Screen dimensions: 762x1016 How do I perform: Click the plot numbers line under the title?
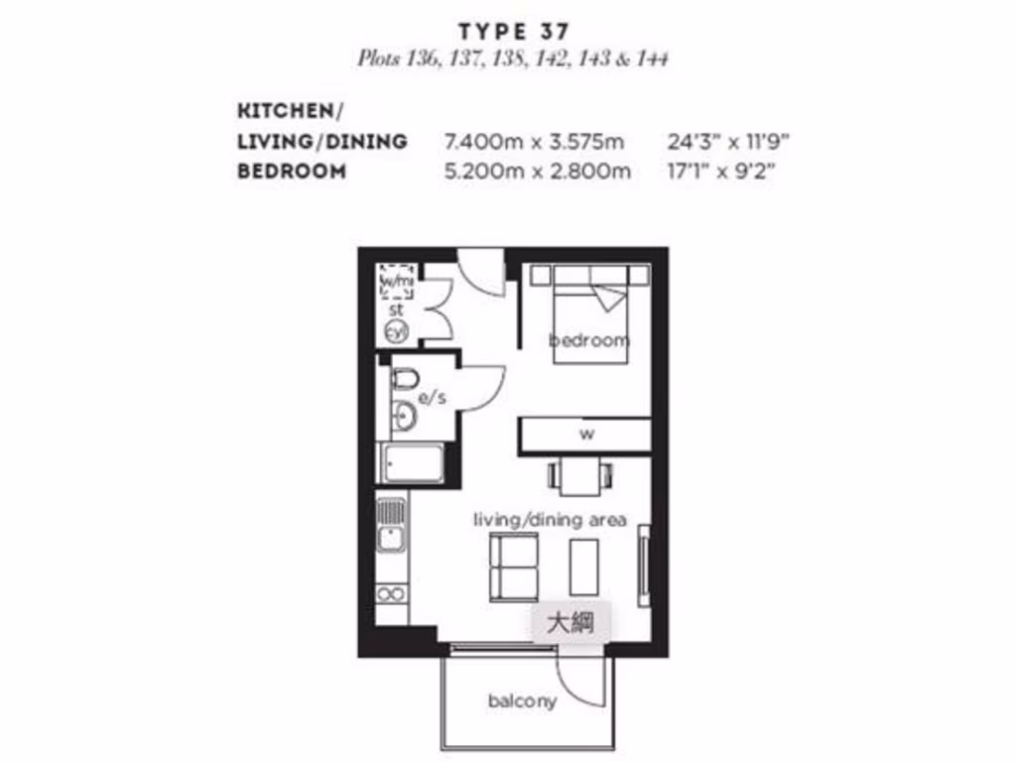click(512, 59)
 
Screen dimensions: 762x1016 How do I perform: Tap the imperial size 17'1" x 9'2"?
click(720, 171)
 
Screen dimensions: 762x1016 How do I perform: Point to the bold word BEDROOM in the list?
click(292, 171)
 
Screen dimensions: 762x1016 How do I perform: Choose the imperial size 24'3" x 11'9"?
click(727, 141)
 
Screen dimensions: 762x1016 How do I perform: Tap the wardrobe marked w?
click(585, 434)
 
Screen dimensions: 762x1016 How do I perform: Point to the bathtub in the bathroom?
click(411, 463)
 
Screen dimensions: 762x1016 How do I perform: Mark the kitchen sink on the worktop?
click(392, 525)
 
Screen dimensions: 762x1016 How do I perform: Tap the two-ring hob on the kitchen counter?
click(392, 595)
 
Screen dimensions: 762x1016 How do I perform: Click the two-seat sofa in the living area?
click(513, 567)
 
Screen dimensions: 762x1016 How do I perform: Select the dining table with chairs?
click(578, 475)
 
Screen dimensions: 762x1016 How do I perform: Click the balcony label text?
click(522, 701)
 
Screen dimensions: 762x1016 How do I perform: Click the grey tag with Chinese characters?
click(571, 624)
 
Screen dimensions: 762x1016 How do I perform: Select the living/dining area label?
click(549, 519)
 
